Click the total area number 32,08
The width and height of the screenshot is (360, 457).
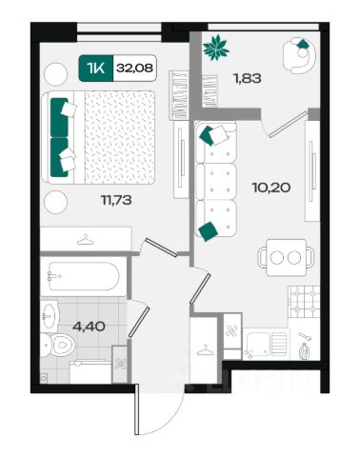pos(134,68)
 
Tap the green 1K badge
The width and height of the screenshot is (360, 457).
pos(96,68)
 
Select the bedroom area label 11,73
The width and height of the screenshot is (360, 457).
pos(116,200)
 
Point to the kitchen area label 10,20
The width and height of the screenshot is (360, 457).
pos(271,188)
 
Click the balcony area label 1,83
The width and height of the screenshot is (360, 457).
pos(248,78)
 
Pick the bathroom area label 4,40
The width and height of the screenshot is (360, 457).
pos(89,326)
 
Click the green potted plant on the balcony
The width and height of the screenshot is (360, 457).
pos(216,48)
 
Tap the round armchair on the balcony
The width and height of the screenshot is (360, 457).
pos(299,55)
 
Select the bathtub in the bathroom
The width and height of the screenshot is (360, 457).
pos(84,276)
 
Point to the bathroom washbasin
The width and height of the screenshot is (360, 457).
pos(49,316)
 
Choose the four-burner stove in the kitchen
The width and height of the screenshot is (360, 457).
pos(304,302)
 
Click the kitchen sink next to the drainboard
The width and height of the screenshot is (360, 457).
pos(258,344)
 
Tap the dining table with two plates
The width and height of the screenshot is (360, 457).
pos(287,257)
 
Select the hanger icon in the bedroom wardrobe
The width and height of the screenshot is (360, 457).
pos(86,239)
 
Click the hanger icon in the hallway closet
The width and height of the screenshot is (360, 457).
pos(205,350)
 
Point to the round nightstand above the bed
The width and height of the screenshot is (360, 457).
pos(55,74)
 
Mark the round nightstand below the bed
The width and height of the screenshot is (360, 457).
pos(55,202)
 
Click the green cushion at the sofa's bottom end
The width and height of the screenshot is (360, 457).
pos(208,231)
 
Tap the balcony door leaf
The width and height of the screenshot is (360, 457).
pos(289,124)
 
